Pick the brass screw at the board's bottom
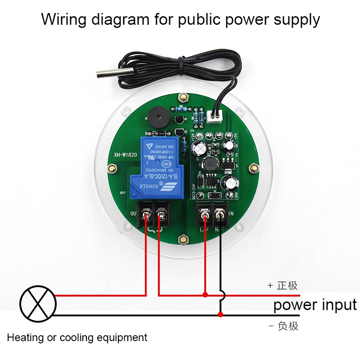point(183,239)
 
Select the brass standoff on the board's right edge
point(253,167)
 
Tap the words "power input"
point(315,305)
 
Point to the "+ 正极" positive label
point(283,285)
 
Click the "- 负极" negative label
point(283,326)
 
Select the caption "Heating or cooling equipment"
point(77,337)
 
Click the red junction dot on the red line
point(205,295)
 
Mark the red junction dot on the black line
point(220,314)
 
